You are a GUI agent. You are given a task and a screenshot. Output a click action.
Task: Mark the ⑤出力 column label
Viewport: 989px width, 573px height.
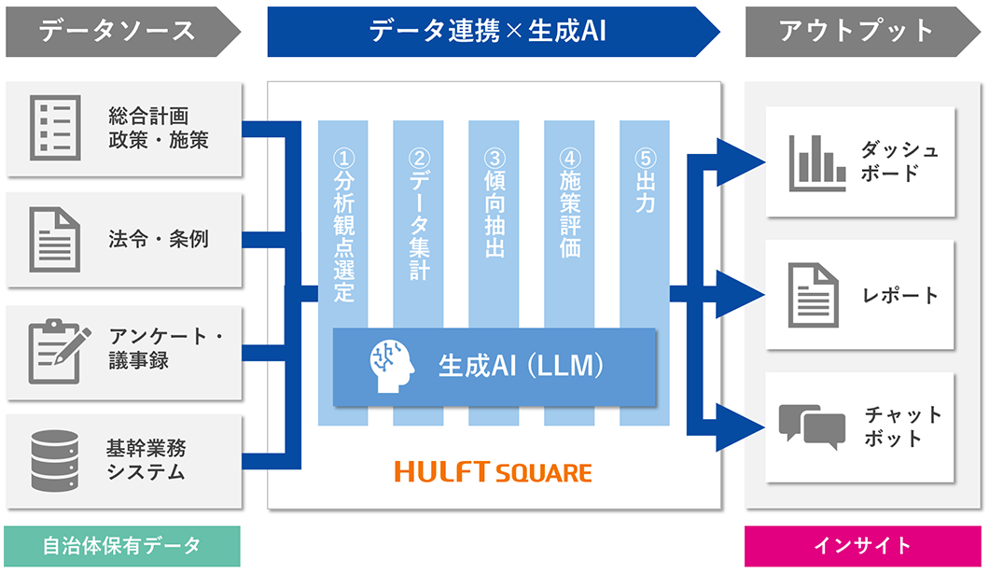coord(645,183)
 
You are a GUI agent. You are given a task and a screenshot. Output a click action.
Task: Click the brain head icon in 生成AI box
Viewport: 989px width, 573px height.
coord(389,366)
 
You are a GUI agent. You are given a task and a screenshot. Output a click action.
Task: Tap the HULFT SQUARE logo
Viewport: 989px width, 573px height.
coord(493,472)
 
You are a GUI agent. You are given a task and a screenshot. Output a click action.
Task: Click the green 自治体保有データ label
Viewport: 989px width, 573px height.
coord(121,546)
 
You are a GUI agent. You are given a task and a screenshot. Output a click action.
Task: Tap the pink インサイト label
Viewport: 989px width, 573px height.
coord(862,546)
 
